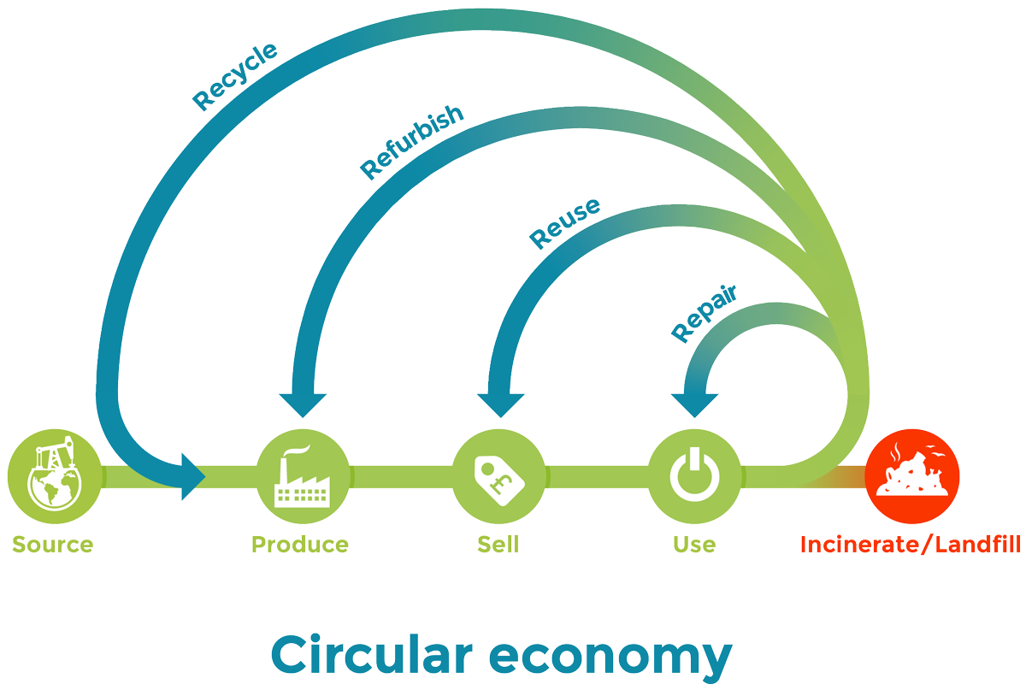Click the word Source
click(x=53, y=545)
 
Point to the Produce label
click(x=300, y=545)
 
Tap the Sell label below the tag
click(x=498, y=545)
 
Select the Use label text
click(x=693, y=545)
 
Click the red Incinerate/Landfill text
click(x=911, y=545)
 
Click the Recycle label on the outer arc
click(x=234, y=77)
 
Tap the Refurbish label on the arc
click(x=411, y=143)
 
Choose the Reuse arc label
click(x=563, y=223)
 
